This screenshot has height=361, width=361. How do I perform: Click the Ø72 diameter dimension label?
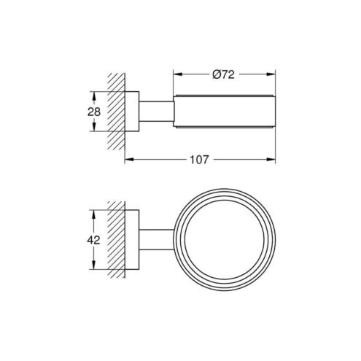tap(223, 74)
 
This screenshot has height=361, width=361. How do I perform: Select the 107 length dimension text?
tap(199, 160)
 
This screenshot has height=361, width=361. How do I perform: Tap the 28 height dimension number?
tap(94, 112)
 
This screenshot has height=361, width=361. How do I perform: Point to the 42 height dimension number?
tap(93, 240)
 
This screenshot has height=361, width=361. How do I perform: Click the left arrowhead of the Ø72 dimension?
tap(178, 74)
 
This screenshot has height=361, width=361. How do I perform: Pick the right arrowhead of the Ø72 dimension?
tap(271, 74)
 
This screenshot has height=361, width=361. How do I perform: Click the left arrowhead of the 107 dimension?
tap(129, 160)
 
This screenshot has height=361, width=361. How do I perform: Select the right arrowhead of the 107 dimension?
tap(271, 160)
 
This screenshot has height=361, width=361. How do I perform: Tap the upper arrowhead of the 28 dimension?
tap(94, 96)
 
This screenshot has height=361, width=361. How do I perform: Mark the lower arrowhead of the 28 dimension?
tap(94, 127)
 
